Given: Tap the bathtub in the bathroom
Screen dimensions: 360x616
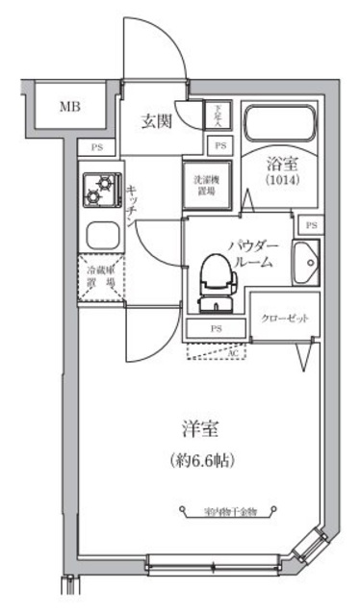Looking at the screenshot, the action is pyautogui.click(x=284, y=124).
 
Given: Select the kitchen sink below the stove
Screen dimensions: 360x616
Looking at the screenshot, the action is pyautogui.click(x=100, y=234).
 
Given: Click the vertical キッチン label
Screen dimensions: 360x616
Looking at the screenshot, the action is pyautogui.click(x=131, y=203).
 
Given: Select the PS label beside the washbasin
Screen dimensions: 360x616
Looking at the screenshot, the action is pyautogui.click(x=310, y=224).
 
